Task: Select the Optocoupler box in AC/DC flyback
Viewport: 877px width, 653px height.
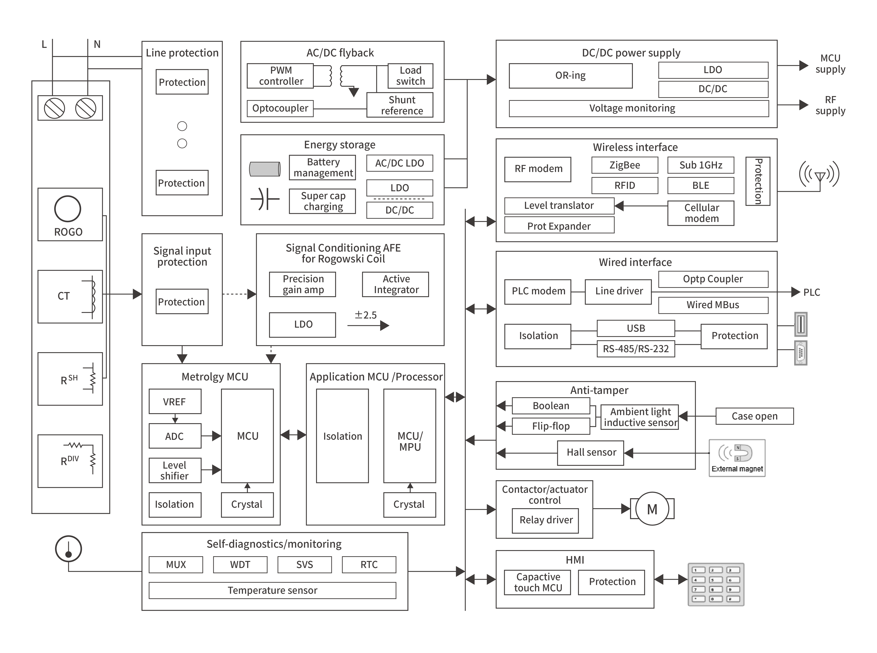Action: [x=280, y=108]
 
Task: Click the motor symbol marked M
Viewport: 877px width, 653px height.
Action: [x=652, y=509]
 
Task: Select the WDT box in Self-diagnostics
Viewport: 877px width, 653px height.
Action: [x=240, y=564]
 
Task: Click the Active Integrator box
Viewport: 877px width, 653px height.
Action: [x=395, y=284]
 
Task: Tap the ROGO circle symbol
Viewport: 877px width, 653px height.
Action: [x=68, y=209]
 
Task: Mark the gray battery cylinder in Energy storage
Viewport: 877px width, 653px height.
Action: [x=265, y=169]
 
